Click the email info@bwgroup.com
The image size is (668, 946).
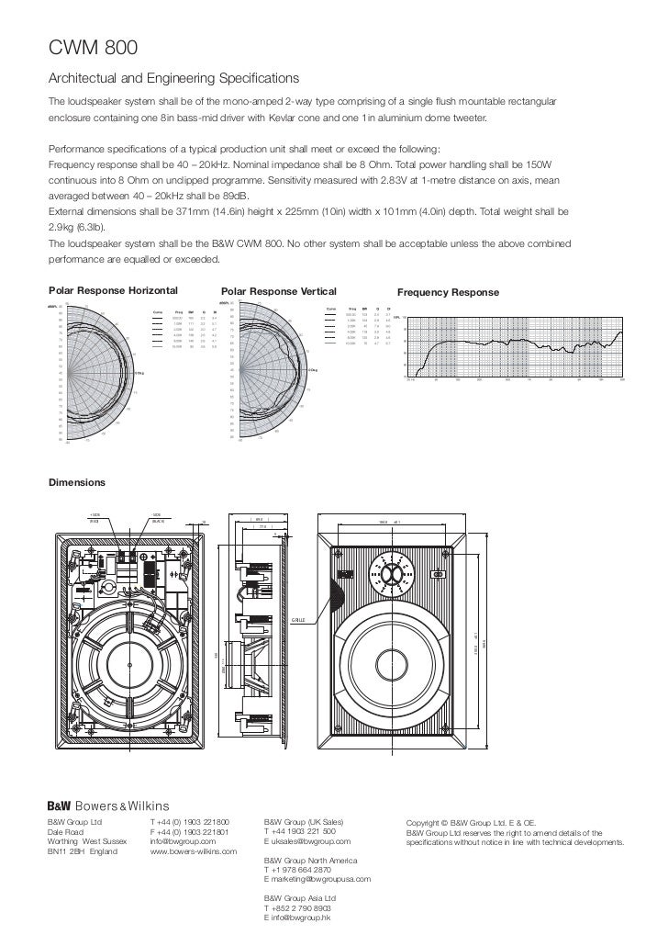click(183, 840)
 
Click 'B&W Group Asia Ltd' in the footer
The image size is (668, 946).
click(300, 897)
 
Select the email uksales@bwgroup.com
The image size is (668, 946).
click(308, 840)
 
